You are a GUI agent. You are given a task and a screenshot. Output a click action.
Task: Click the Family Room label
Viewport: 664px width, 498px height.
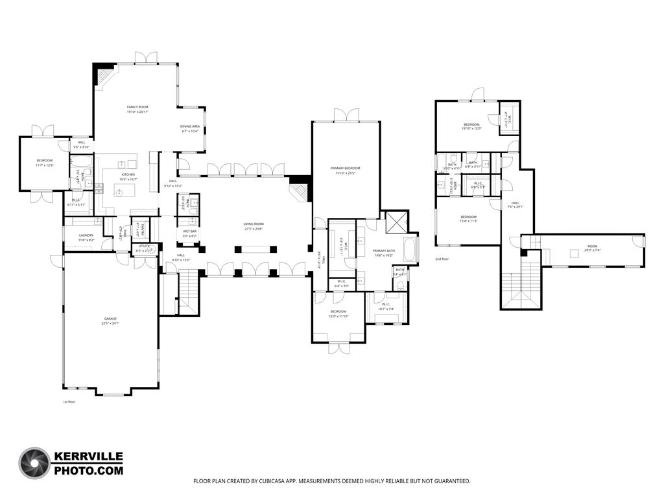(x=137, y=107)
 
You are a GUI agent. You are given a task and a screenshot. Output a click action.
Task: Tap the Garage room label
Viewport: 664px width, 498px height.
(x=111, y=319)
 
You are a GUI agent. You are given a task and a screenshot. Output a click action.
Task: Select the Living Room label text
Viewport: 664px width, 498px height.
(x=254, y=224)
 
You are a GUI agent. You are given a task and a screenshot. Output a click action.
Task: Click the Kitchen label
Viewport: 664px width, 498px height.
(x=128, y=174)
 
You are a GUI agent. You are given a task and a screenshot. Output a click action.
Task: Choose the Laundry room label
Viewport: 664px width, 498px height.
(x=87, y=235)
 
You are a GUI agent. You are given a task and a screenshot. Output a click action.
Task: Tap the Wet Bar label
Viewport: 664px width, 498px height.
(x=190, y=231)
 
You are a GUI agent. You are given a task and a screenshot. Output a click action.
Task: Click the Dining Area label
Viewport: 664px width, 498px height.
(x=190, y=126)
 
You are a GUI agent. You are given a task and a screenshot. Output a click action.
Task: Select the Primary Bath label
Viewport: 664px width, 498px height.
(x=383, y=251)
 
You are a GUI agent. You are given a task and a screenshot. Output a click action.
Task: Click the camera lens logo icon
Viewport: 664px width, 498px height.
(x=34, y=464)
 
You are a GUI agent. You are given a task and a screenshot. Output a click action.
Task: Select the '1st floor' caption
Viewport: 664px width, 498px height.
(x=69, y=402)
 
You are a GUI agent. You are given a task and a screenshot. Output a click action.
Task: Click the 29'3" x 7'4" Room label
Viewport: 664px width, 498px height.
(x=575, y=246)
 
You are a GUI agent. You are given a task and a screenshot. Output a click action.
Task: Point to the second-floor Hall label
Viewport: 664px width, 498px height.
(x=516, y=203)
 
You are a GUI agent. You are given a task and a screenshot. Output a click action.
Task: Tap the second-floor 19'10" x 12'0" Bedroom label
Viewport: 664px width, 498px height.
(x=471, y=124)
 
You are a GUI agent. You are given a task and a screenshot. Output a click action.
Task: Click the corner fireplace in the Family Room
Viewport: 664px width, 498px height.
(x=104, y=75)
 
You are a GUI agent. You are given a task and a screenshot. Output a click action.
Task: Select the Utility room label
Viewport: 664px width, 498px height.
(x=143, y=246)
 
